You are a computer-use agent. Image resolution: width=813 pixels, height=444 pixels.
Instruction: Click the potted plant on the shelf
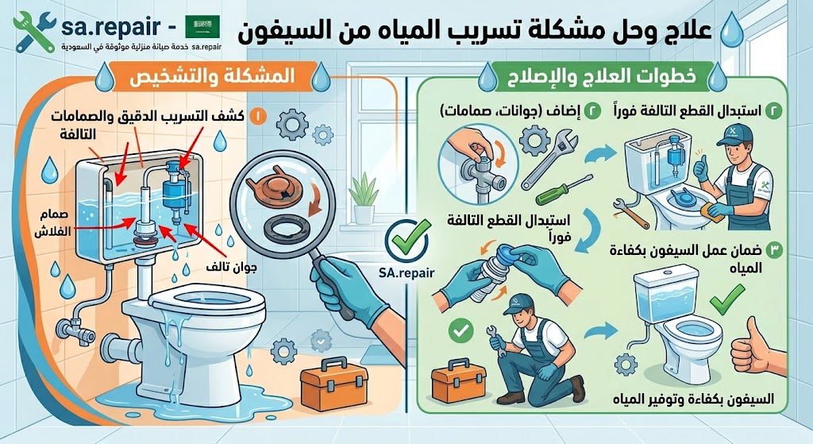tap(364, 199)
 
